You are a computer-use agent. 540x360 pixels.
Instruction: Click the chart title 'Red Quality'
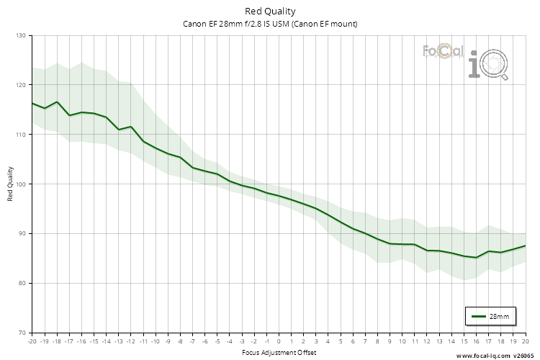[x=270, y=11]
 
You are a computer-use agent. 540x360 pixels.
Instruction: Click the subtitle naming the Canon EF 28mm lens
[x=270, y=24]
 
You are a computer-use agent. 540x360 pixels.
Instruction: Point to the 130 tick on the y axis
[x=20, y=35]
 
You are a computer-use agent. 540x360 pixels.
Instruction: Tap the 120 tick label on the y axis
[x=20, y=85]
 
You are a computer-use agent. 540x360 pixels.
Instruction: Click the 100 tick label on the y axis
[x=20, y=184]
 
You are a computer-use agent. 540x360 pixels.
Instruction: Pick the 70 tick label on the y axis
[x=22, y=333]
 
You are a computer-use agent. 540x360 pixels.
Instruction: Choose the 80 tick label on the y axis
[x=22, y=284]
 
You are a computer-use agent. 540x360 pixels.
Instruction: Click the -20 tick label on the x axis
[x=32, y=341]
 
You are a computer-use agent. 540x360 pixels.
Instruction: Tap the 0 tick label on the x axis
[x=279, y=341]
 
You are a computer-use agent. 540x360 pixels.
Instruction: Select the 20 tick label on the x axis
[x=525, y=341]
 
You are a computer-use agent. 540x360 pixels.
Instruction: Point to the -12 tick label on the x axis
[x=130, y=341]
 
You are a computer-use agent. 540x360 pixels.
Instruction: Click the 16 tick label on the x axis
[x=476, y=341]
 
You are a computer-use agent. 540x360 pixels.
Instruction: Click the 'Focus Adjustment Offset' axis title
[x=279, y=353]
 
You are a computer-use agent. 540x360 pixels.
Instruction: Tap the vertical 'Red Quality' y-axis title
[x=11, y=184]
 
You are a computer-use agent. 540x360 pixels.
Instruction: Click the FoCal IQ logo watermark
[x=464, y=60]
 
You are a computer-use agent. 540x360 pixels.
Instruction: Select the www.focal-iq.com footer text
[x=482, y=356]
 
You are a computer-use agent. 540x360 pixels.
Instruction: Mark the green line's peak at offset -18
[x=57, y=102]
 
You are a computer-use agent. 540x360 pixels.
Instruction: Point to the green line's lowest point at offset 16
[x=476, y=258]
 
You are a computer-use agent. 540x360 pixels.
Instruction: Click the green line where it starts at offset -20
[x=32, y=103]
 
